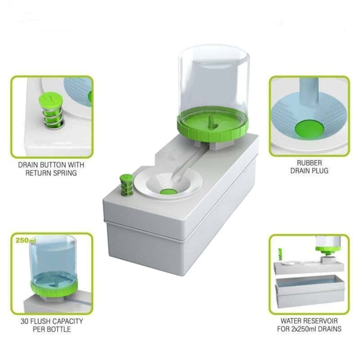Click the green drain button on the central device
[127, 185]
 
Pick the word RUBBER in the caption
[309, 163]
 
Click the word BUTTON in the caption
[51, 165]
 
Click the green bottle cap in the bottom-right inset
[327, 250]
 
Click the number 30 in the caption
[24, 321]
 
